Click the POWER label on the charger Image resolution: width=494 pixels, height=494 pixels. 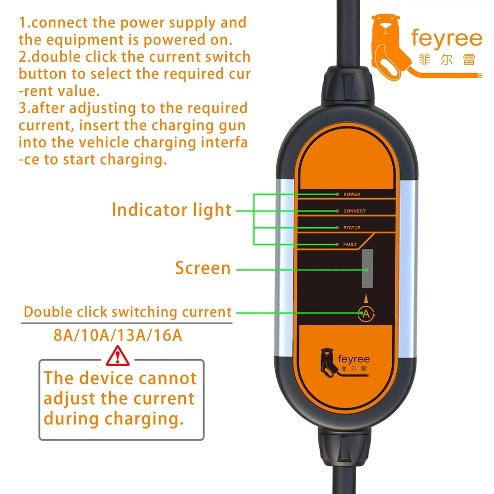coord(352,194)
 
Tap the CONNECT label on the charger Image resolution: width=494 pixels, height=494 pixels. coord(354,211)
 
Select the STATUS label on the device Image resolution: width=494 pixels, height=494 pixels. coord(352,228)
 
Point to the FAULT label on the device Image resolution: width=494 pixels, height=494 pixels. coord(350,245)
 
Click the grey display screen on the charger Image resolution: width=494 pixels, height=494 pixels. coord(368,268)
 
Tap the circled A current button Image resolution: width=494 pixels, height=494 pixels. coord(366,314)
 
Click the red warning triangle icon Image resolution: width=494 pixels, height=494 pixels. coord(118,356)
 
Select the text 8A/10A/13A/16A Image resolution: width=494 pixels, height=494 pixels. coord(118,335)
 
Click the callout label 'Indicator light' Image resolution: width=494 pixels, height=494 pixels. coord(172,210)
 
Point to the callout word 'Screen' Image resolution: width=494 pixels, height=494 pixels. coord(203,268)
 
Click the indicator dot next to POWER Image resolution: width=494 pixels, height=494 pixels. coord(337,194)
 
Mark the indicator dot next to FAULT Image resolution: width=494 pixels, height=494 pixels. coord(337,245)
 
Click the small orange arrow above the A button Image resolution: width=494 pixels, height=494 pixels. coord(366,298)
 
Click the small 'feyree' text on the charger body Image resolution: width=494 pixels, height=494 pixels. coord(354,359)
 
